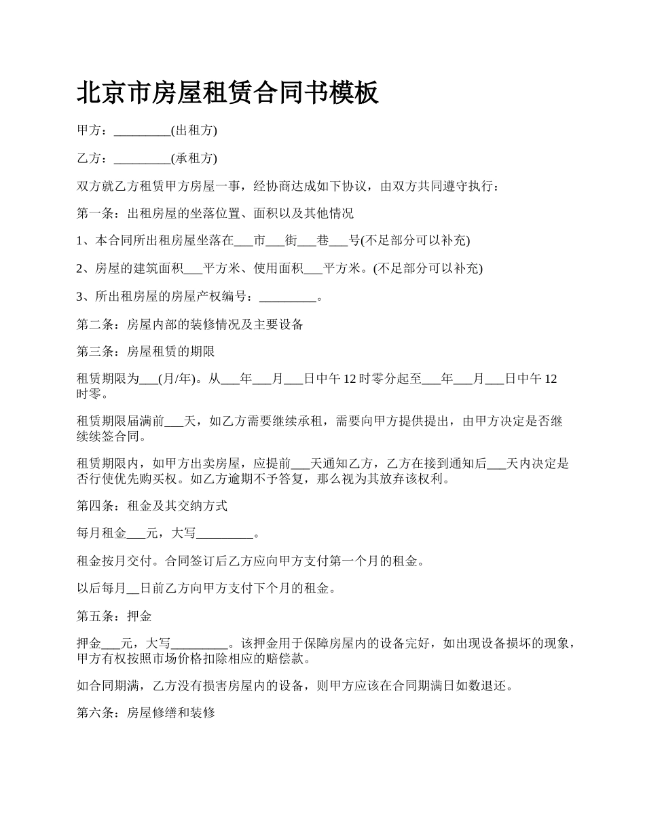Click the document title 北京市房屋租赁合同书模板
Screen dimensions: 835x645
click(x=227, y=93)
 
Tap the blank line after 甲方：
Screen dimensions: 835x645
click(x=142, y=131)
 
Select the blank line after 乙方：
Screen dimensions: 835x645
click(x=142, y=159)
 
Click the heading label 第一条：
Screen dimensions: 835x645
click(x=101, y=213)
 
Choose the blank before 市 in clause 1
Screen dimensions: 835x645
click(x=242, y=241)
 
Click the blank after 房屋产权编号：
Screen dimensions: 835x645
click(x=289, y=297)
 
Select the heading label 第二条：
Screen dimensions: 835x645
click(x=101, y=324)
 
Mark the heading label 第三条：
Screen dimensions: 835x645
click(x=101, y=352)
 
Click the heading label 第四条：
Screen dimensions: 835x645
click(x=101, y=506)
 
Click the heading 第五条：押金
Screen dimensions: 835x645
click(x=114, y=616)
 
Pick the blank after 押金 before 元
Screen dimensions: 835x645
click(x=111, y=644)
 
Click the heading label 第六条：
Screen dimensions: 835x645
click(x=101, y=713)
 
